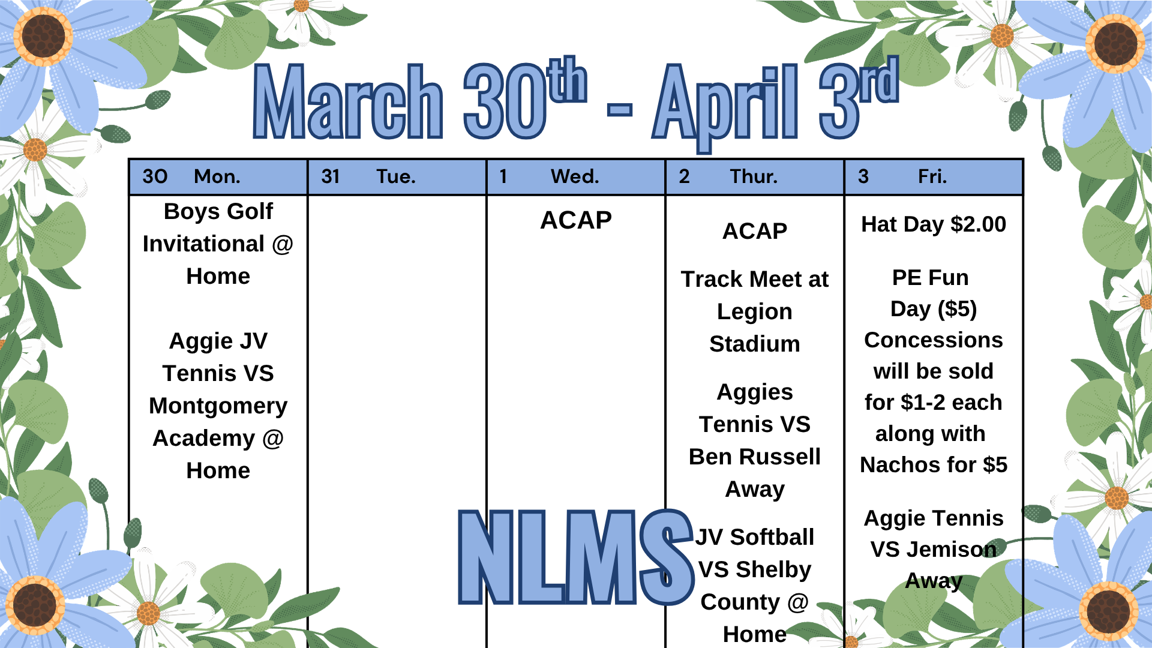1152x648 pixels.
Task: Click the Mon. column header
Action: [x=217, y=176]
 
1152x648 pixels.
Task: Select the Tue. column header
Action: [x=396, y=176]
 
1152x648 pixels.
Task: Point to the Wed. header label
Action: [x=575, y=176]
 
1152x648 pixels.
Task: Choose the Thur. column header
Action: [x=754, y=176]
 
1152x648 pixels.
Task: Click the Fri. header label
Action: [x=932, y=176]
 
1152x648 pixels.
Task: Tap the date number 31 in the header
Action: [x=331, y=176]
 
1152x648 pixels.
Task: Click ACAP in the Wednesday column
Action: [x=576, y=220]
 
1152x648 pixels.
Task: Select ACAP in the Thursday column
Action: [x=755, y=231]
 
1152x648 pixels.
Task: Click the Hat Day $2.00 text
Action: [x=934, y=224]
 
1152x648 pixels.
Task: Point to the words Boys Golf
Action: [x=218, y=212]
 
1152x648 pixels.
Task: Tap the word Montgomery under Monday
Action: [x=218, y=407]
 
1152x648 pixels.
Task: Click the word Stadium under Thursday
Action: [x=755, y=344]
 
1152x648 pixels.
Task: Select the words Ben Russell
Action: [x=755, y=457]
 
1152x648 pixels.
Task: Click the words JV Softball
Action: [x=755, y=537]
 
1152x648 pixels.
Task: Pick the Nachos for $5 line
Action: [x=934, y=465]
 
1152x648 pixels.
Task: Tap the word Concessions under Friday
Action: [x=934, y=340]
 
